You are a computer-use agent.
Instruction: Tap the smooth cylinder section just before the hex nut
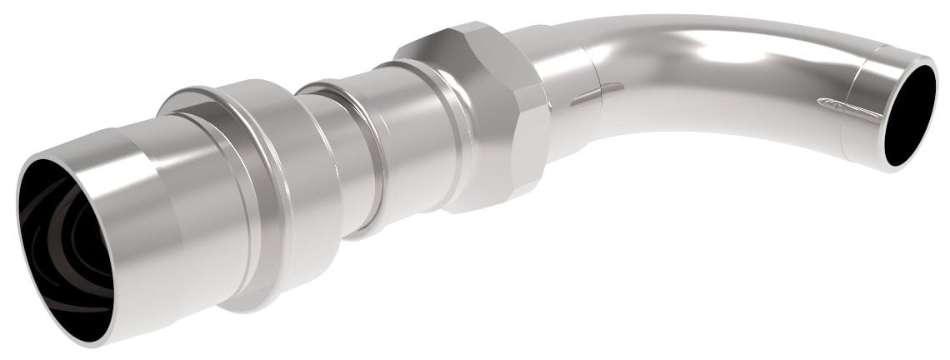(408, 142)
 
